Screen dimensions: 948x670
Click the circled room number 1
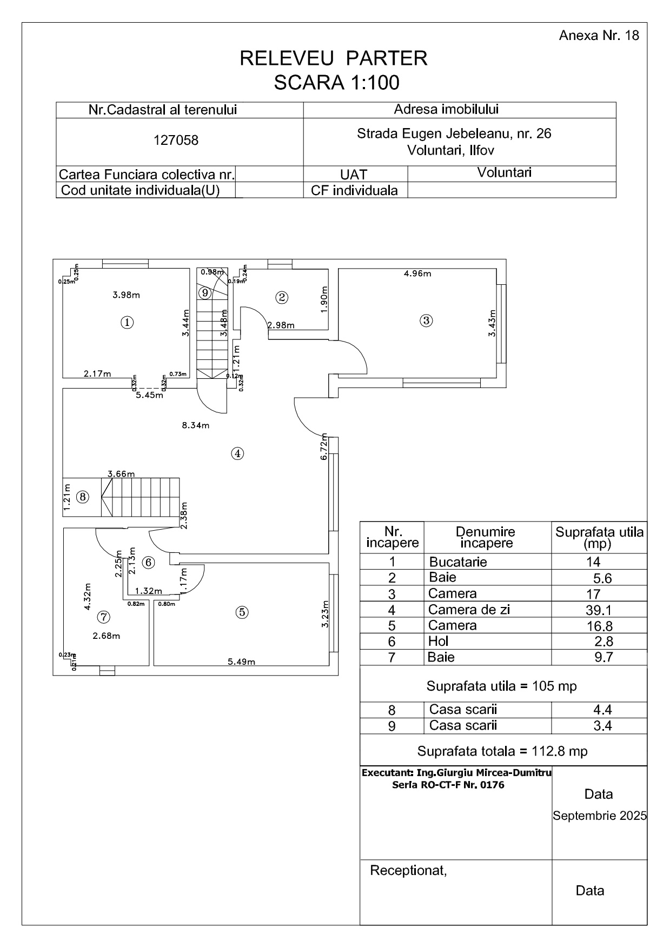tap(127, 323)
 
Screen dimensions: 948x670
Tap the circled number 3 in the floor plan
tap(426, 321)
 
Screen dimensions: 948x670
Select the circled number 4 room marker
tap(237, 453)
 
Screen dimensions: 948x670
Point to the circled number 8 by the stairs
tap(82, 497)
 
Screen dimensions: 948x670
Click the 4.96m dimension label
tap(417, 273)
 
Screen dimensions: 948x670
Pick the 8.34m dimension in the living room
tap(196, 425)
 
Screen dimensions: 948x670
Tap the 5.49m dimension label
tap(241, 662)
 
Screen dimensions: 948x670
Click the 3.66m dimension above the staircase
tap(121, 474)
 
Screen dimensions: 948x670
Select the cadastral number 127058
tap(176, 141)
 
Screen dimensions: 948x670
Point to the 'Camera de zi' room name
tap(469, 610)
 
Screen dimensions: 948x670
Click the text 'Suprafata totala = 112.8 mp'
tap(502, 751)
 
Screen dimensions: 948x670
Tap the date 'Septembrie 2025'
tap(599, 816)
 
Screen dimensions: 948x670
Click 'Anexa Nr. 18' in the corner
tap(599, 36)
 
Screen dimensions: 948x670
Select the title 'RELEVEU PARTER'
tap(334, 58)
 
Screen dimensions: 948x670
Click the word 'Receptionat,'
tap(408, 871)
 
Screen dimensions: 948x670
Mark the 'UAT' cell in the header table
tap(354, 175)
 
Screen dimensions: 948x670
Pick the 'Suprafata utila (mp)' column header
tap(599, 537)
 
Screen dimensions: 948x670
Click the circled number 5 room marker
tap(242, 612)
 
